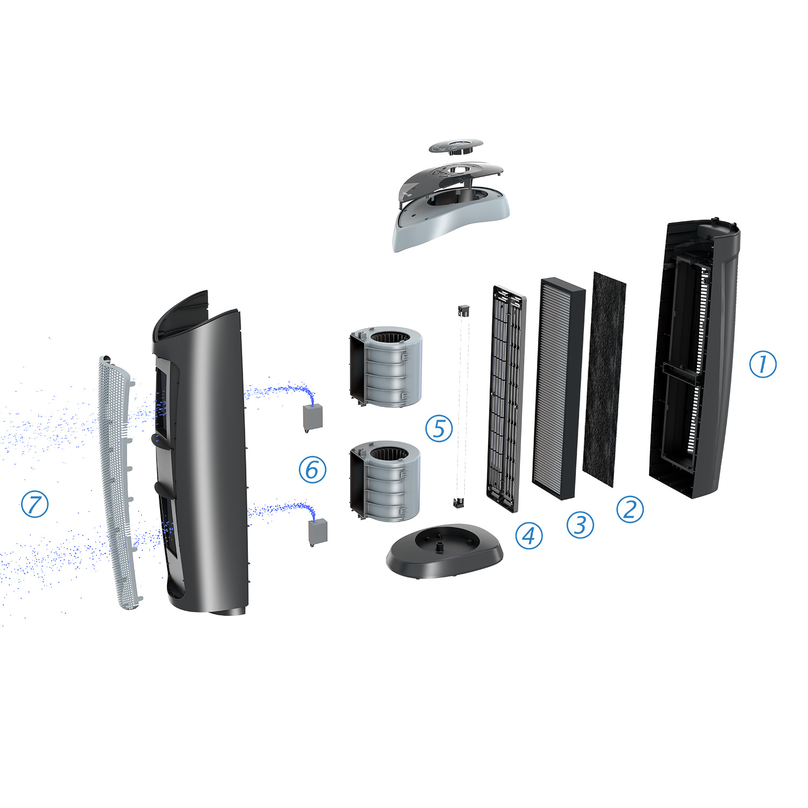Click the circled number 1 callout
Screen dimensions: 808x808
tap(763, 364)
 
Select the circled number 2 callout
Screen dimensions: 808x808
tap(630, 509)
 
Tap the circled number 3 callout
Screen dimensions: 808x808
tap(580, 525)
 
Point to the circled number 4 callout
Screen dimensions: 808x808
tap(529, 535)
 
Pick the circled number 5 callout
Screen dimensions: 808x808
tap(439, 428)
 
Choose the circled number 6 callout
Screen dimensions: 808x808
tap(312, 469)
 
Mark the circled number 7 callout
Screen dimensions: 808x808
tap(34, 504)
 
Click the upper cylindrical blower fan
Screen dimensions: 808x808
tap(386, 366)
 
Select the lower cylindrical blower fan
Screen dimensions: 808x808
tap(385, 481)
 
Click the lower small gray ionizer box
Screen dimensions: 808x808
tap(318, 532)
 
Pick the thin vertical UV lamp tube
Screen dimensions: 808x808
tap(461, 406)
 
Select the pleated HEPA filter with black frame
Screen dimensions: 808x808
tap(559, 388)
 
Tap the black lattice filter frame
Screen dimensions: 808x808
tap(506, 399)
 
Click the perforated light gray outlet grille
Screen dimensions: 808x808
tap(120, 482)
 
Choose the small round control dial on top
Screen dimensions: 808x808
tap(456, 147)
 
